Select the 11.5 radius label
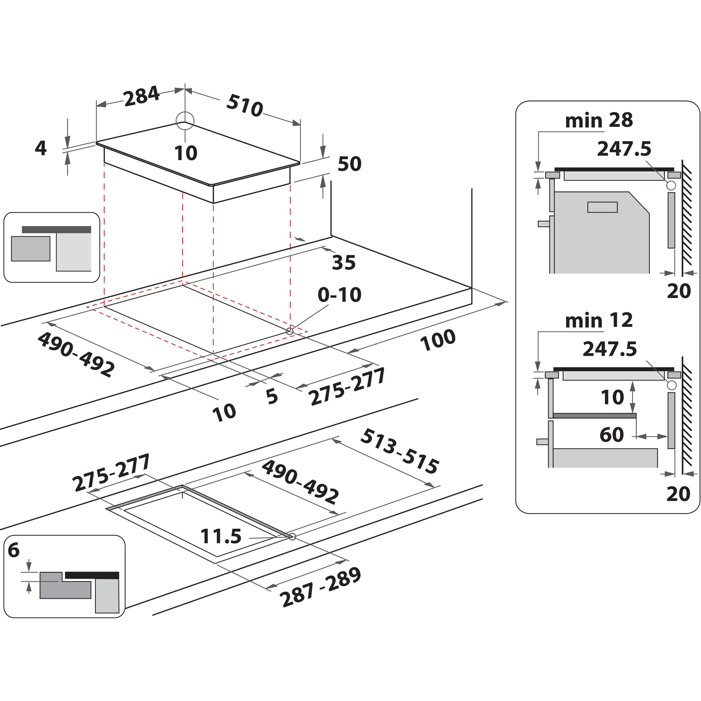(221, 536)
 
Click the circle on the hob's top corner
(185, 121)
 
